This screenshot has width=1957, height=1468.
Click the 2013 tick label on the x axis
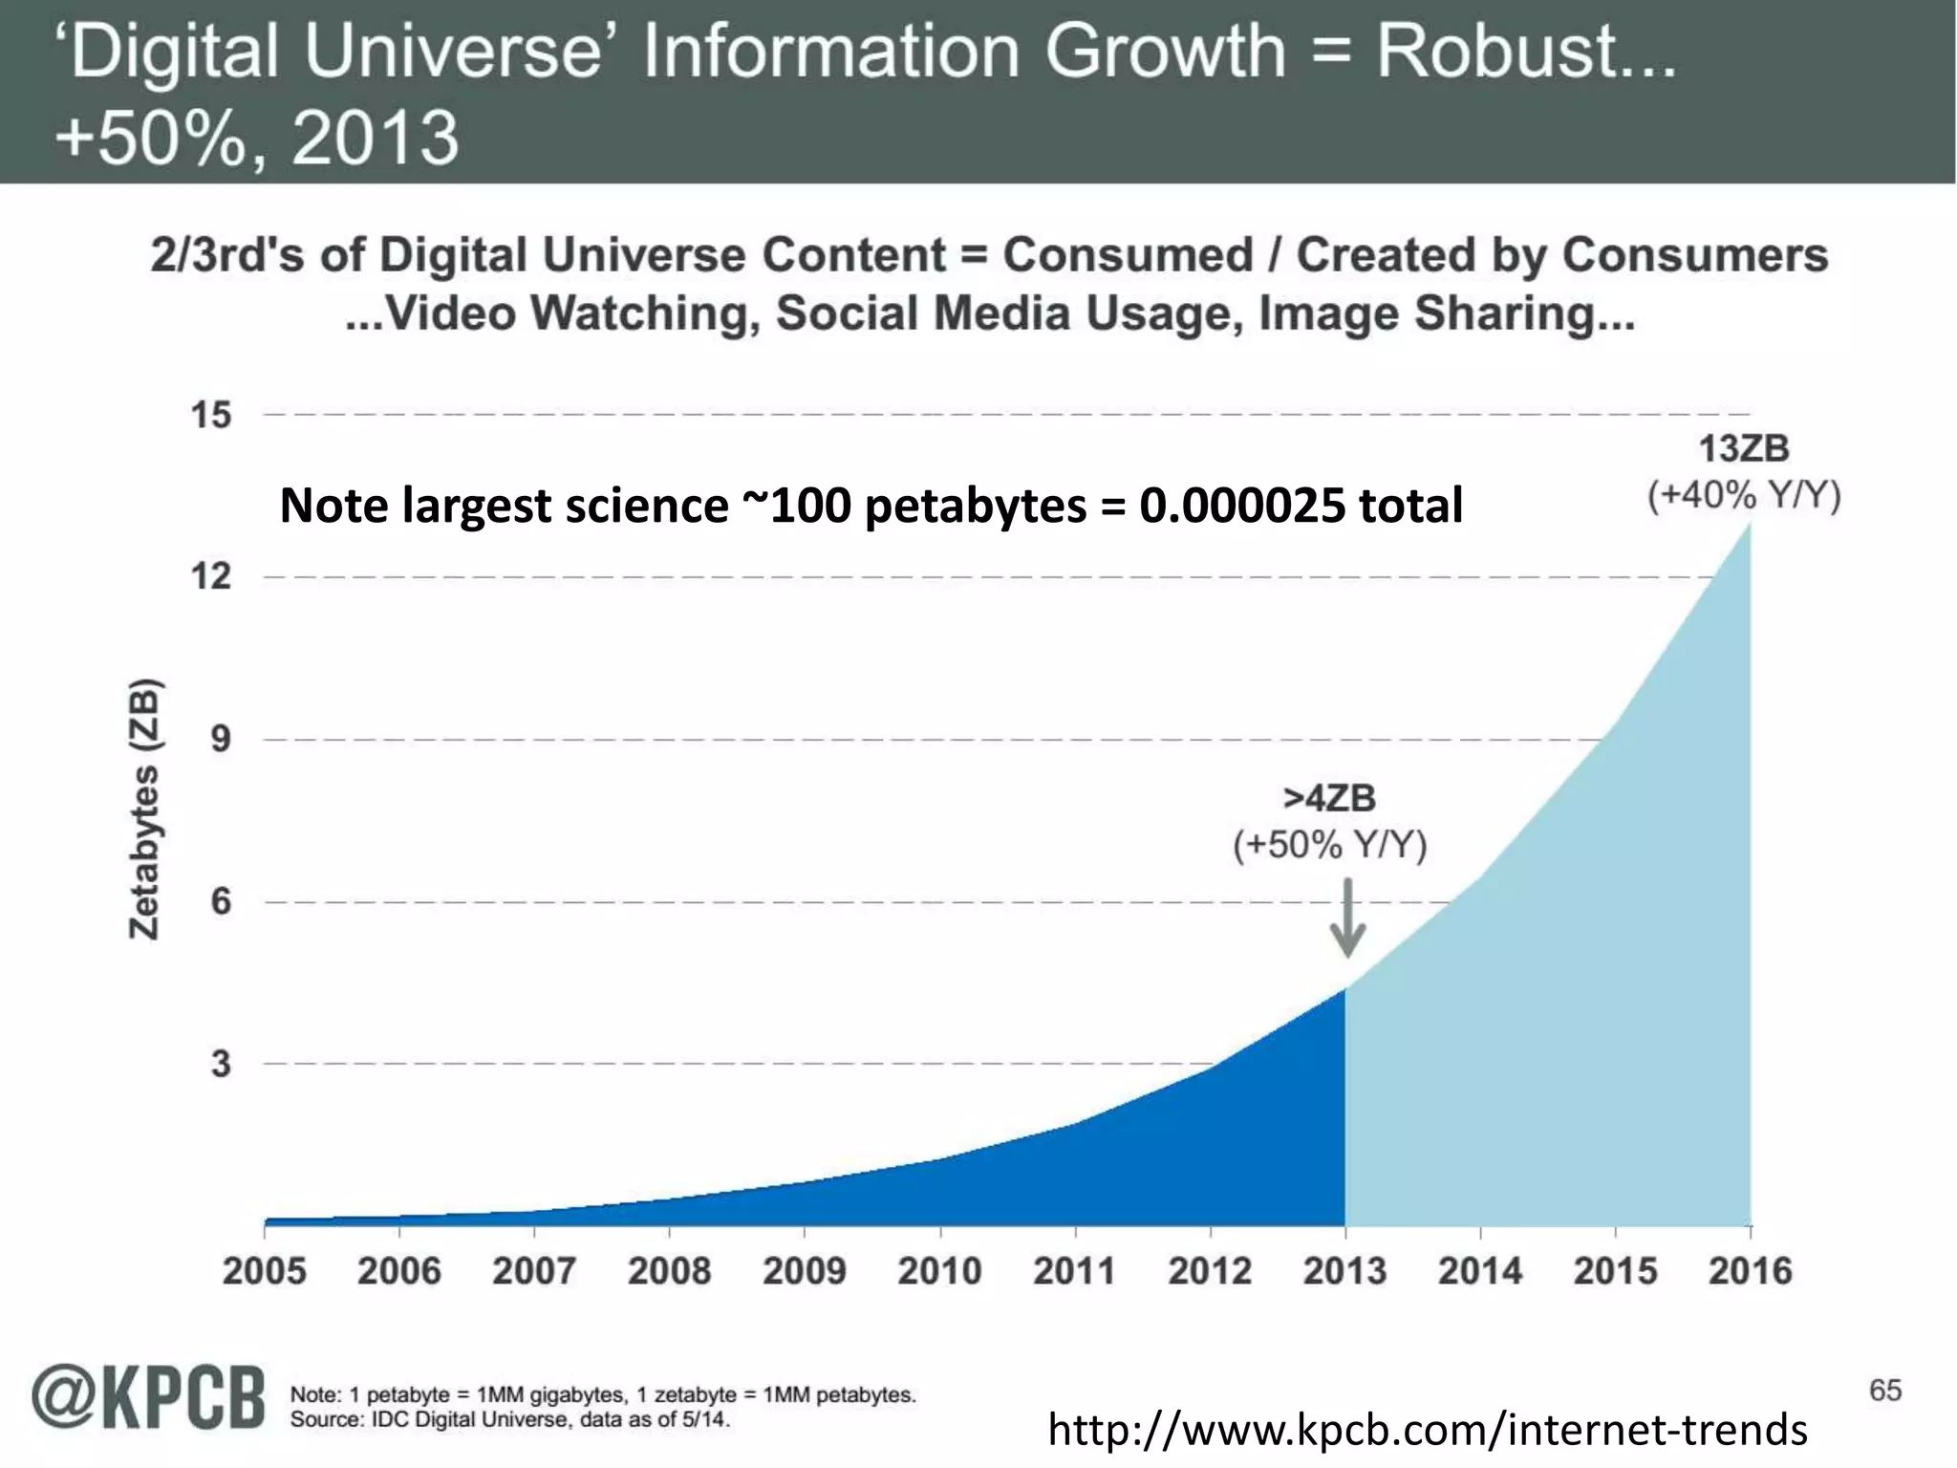click(x=1344, y=1271)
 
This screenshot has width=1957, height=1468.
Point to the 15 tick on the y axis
click(x=211, y=415)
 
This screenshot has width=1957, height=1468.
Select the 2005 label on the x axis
click(x=265, y=1271)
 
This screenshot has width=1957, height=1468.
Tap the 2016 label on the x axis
click(x=1750, y=1271)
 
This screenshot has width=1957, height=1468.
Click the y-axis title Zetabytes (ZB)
click(x=144, y=809)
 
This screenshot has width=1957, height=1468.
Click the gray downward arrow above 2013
click(x=1347, y=918)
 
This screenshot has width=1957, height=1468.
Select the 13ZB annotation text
click(x=1744, y=448)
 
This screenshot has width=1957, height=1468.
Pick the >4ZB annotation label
click(x=1329, y=798)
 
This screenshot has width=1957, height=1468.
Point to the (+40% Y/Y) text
click(x=1744, y=496)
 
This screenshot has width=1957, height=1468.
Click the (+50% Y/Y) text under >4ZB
click(x=1329, y=846)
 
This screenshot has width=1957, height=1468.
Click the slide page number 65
click(x=1885, y=1390)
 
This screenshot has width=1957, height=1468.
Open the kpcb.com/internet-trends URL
click(x=1428, y=1430)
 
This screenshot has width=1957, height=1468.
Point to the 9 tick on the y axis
click(x=221, y=739)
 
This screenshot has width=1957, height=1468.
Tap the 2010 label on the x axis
click(x=939, y=1271)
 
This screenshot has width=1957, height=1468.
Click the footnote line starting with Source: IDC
click(x=510, y=1420)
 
